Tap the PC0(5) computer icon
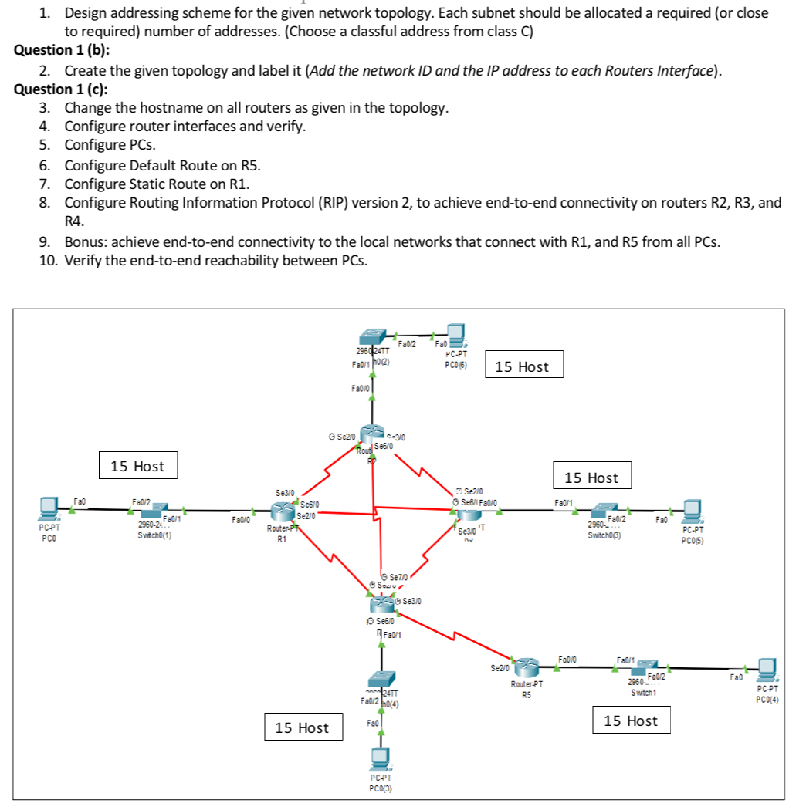[x=690, y=510]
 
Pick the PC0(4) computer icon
[x=767, y=668]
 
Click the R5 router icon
[x=526, y=666]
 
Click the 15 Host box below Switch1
[x=631, y=721]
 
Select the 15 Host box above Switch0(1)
[x=137, y=466]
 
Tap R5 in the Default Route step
[x=247, y=164]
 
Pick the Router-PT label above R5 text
[x=527, y=683]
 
